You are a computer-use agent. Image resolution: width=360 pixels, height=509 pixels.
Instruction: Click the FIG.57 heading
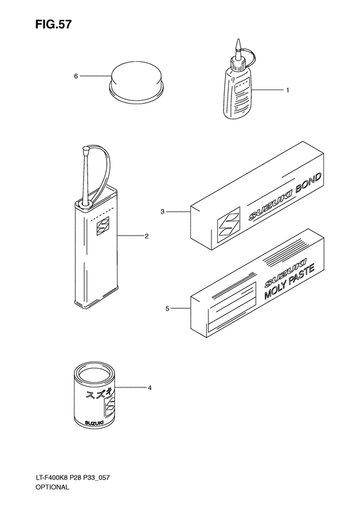coord(53,24)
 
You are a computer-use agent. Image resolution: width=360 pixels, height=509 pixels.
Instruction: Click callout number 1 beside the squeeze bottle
coord(287,90)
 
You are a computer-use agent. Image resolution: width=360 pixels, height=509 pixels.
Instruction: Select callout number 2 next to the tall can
coord(147,236)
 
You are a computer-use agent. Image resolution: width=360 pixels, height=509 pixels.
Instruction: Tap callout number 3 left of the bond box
coord(163,212)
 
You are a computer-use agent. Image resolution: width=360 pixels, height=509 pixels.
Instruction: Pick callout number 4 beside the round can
coord(150,387)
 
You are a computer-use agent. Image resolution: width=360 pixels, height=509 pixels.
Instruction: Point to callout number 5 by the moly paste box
coord(167,308)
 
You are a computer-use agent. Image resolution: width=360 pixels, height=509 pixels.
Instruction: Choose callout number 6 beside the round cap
coord(76,77)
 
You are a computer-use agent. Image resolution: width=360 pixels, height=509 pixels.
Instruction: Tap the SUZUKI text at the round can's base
coord(94,423)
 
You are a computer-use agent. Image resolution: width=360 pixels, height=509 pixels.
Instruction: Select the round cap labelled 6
coord(136,82)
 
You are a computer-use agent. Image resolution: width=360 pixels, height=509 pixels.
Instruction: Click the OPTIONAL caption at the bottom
coord(52,487)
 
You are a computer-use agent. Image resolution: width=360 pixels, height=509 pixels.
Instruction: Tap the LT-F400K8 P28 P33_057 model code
coord(73,477)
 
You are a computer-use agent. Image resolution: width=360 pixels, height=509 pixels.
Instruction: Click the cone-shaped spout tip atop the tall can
coord(87,151)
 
